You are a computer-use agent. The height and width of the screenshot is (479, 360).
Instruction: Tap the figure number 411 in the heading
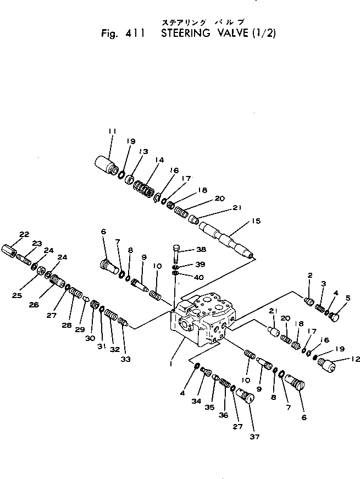[134, 32]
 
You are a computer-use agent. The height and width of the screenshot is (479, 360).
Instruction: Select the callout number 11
[112, 131]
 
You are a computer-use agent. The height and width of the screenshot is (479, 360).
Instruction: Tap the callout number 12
[355, 359]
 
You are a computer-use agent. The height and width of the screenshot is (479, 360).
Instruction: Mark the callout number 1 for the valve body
[172, 364]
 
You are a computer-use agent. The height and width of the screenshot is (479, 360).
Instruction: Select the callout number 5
[346, 299]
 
